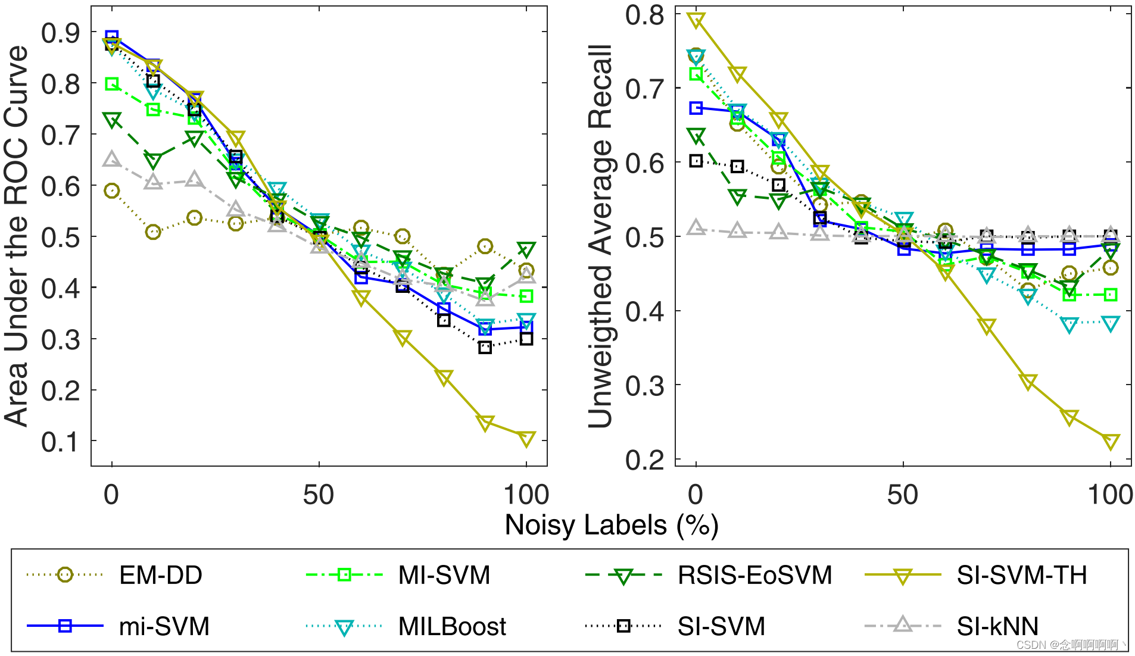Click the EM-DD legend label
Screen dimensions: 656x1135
(161, 575)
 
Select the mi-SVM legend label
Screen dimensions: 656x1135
(164, 626)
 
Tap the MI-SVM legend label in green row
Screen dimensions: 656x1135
(444, 575)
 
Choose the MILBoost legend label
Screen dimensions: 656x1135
(452, 626)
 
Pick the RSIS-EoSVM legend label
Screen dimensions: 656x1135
(754, 575)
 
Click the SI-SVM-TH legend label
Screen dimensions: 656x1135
(1022, 575)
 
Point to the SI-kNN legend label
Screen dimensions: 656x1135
(997, 626)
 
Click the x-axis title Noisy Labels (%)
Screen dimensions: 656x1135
(612, 525)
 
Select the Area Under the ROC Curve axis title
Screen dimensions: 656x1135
(17, 236)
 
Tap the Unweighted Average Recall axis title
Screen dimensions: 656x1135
(600, 236)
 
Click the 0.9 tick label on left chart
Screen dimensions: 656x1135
(60, 33)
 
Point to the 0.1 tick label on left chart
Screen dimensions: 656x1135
(60, 442)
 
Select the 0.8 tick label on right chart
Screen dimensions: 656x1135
(644, 15)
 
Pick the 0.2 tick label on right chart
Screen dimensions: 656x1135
(644, 460)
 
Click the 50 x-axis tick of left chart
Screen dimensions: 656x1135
(319, 495)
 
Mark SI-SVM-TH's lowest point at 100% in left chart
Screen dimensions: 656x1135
(526, 439)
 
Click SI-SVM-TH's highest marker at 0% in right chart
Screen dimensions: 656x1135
(696, 20)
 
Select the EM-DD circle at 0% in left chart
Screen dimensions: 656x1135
(112, 191)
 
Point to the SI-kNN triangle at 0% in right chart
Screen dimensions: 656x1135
(696, 227)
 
